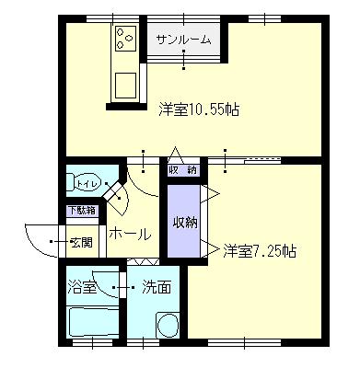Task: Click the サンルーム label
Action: tap(183, 40)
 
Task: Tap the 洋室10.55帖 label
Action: tap(199, 109)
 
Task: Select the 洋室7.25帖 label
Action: tap(260, 251)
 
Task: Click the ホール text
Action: tap(131, 235)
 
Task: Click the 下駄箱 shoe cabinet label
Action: tap(82, 211)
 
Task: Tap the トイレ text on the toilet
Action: tap(88, 184)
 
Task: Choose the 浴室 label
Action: tap(82, 288)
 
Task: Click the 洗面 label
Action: tap(157, 288)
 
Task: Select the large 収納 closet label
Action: tap(185, 223)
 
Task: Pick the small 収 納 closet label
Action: tap(183, 170)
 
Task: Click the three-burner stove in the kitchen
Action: tap(125, 39)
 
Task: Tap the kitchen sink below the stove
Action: tap(125, 85)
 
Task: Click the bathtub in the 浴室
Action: tap(94, 322)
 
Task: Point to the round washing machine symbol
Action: tap(168, 326)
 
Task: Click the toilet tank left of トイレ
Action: tap(70, 183)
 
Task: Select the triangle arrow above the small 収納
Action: tap(175, 155)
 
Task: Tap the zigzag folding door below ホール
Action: tap(143, 261)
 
